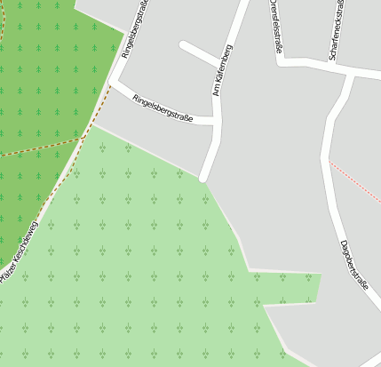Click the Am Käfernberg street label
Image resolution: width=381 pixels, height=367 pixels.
coord(222,69)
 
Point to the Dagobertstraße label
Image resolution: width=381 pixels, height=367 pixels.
coord(353,264)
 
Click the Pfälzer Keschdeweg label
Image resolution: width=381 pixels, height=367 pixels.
coord(20,252)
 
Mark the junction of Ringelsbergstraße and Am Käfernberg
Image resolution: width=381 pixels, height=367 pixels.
coord(216,120)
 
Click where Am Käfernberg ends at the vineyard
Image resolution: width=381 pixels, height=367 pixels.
coord(204,178)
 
